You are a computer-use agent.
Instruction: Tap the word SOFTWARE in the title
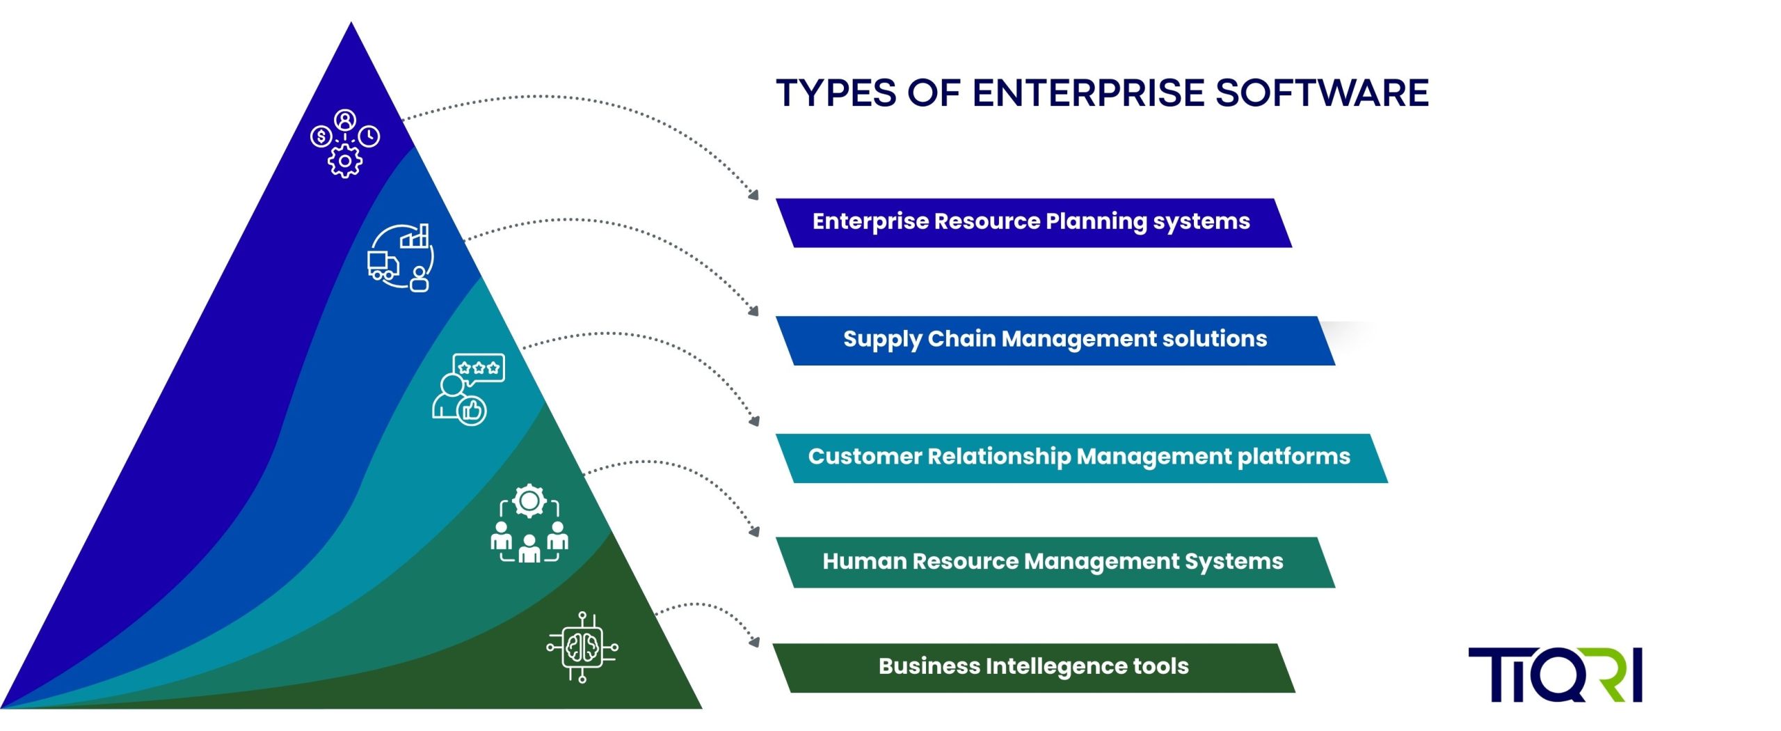(1322, 93)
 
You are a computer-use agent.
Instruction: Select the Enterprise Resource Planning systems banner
(1032, 222)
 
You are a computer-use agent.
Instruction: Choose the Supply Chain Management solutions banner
(1055, 340)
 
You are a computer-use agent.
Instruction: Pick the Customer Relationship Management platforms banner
(1079, 457)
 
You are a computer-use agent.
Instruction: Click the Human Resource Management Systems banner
(1053, 562)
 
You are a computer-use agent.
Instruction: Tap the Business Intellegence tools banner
(1033, 667)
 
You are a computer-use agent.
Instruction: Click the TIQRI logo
(1555, 674)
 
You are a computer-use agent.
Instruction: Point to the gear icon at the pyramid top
(344, 162)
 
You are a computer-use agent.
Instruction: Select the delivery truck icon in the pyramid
(383, 265)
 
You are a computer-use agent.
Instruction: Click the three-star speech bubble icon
(479, 368)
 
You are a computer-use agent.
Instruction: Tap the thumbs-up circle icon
(472, 411)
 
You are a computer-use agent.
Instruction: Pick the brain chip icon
(582, 647)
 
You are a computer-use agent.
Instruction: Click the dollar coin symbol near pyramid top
(321, 136)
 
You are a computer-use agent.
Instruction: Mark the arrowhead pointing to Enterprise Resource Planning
(753, 196)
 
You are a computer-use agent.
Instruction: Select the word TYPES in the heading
(836, 93)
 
